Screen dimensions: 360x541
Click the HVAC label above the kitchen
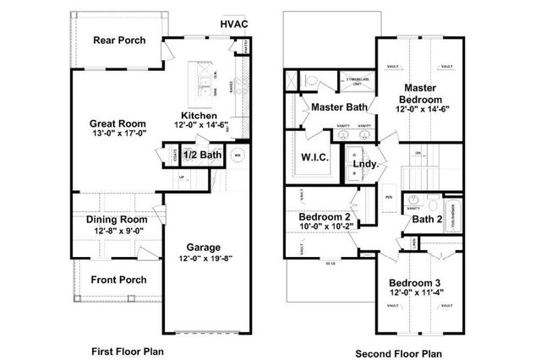coord(234,24)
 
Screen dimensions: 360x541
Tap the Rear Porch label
coord(118,40)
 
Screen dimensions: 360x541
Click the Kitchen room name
coord(199,115)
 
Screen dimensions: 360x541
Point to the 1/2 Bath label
coord(202,155)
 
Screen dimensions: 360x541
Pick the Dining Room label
coord(117,220)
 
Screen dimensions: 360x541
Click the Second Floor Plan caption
coord(399,352)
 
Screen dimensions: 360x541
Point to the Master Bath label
coord(337,107)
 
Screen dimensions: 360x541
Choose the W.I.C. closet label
coord(314,157)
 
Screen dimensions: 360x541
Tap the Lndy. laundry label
coord(364,163)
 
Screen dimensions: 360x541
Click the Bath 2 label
coord(428,220)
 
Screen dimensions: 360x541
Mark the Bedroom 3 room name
coord(416,283)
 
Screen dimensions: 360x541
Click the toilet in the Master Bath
coord(310,80)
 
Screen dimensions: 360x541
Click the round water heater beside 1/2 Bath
coord(238,155)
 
